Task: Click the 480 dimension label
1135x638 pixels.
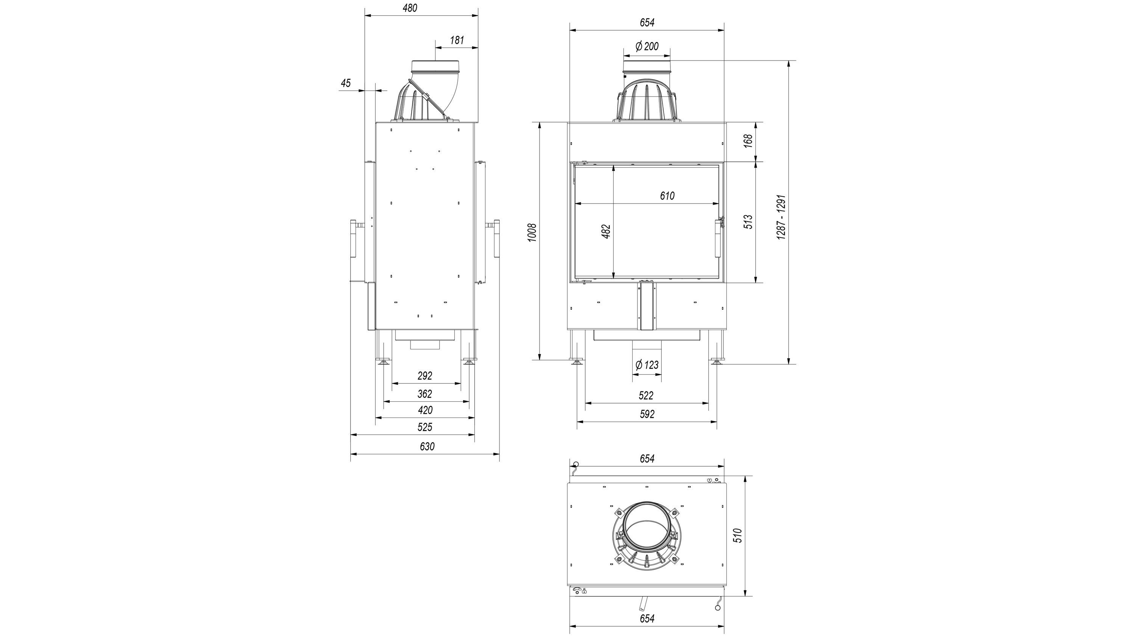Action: pyautogui.click(x=410, y=8)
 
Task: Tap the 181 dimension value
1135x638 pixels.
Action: pyautogui.click(x=457, y=40)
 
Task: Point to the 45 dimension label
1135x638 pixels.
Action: pyautogui.click(x=346, y=83)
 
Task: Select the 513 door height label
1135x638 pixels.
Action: pyautogui.click(x=748, y=222)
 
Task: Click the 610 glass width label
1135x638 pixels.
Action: pyautogui.click(x=667, y=196)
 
